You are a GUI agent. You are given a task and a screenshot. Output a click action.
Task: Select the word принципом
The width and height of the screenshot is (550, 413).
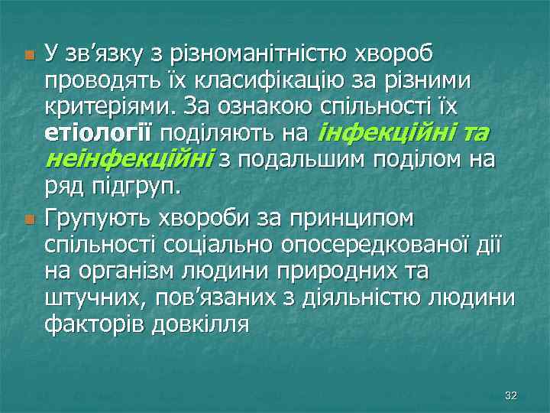click(358, 219)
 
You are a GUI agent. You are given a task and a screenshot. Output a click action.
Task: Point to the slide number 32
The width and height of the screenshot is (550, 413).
click(512, 395)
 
